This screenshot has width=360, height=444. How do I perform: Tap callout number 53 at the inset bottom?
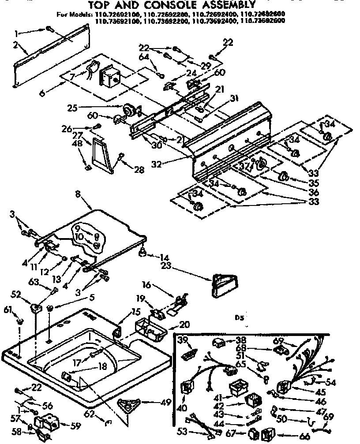(x=182, y=431)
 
